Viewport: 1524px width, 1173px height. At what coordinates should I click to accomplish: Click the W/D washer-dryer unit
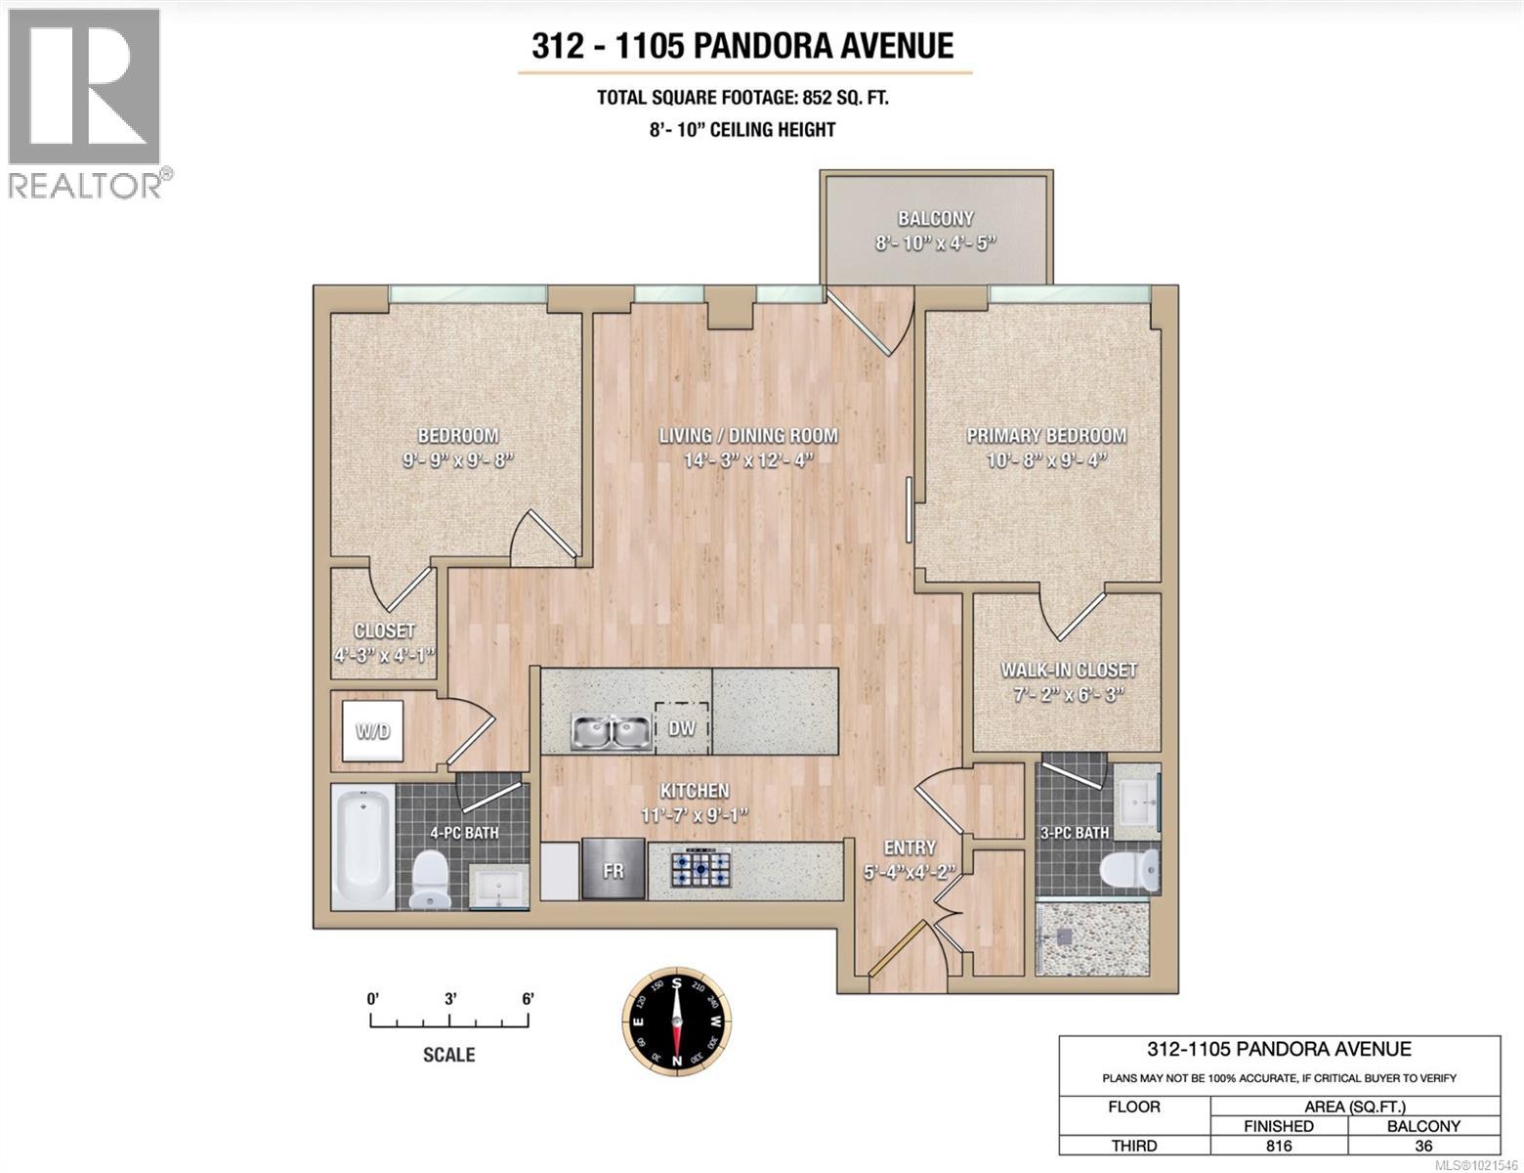click(372, 730)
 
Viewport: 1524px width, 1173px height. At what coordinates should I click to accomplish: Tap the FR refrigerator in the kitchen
click(613, 869)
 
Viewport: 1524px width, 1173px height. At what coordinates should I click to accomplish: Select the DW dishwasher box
click(682, 727)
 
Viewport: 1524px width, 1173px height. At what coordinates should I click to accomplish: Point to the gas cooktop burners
click(700, 869)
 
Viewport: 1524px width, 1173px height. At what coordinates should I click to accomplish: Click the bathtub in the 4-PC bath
click(362, 847)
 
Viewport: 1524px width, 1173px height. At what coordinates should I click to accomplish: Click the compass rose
click(677, 1021)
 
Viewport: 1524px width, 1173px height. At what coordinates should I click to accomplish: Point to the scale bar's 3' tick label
click(450, 998)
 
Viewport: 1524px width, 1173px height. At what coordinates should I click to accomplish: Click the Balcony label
click(936, 218)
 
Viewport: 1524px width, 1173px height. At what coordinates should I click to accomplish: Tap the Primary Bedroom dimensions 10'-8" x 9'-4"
click(1046, 460)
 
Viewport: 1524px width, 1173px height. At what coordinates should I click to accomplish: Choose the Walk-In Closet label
click(1069, 670)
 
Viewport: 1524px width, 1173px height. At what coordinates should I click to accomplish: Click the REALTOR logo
click(87, 104)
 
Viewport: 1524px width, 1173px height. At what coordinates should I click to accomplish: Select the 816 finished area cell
click(1279, 1146)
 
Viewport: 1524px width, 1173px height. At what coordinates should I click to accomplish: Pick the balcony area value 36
click(1423, 1146)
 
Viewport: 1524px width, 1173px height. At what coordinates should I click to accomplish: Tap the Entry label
click(910, 847)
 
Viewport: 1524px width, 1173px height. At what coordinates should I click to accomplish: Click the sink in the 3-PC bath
click(1137, 801)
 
